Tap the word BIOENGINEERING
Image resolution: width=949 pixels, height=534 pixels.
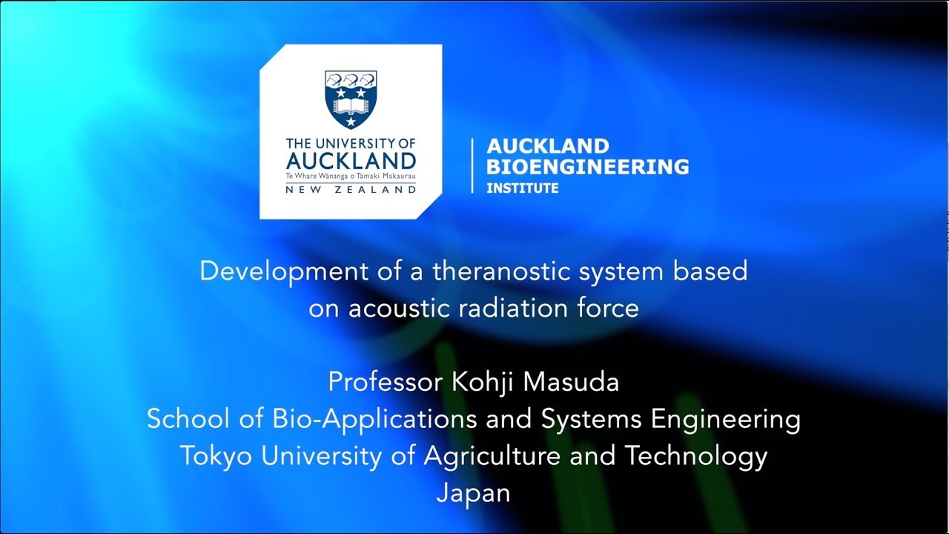pyautogui.click(x=587, y=167)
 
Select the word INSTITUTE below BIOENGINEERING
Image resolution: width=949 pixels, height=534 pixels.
pyautogui.click(x=522, y=188)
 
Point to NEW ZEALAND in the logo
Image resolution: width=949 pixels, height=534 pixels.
pyautogui.click(x=351, y=190)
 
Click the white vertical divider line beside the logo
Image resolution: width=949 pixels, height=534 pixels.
pyautogui.click(x=472, y=166)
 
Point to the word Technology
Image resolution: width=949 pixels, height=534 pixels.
pyautogui.click(x=696, y=456)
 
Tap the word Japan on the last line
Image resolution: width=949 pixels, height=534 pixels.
pyautogui.click(x=474, y=493)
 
